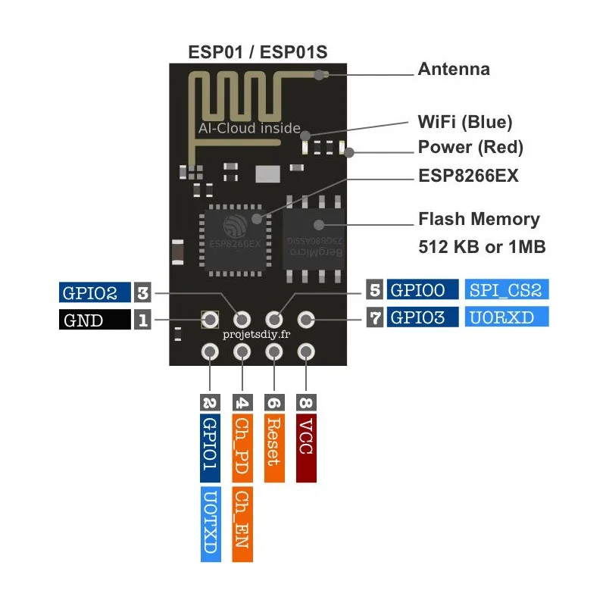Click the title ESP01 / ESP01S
(x=258, y=52)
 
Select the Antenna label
(x=454, y=70)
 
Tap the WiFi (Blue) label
(x=465, y=121)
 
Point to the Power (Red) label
(x=470, y=147)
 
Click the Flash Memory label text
(x=479, y=220)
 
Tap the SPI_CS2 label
(x=506, y=289)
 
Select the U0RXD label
(x=506, y=317)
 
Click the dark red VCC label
(x=306, y=448)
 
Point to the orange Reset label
(x=274, y=448)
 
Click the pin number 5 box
(x=374, y=289)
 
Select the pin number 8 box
(x=306, y=402)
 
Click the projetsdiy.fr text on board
(x=258, y=334)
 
